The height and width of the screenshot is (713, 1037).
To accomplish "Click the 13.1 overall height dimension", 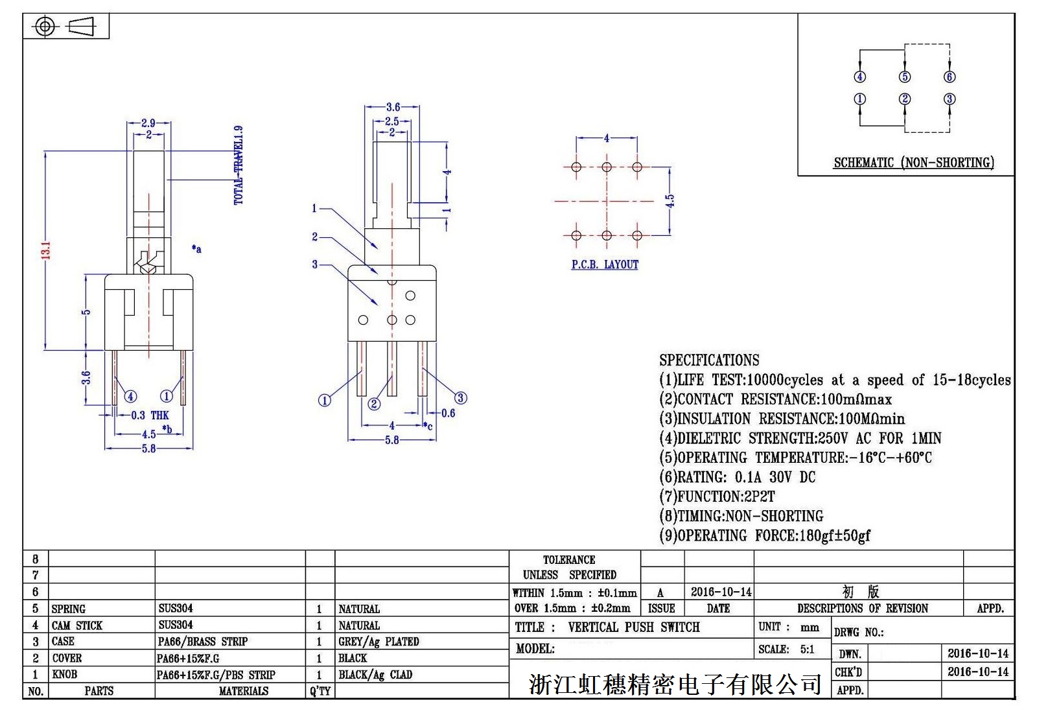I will (46, 251).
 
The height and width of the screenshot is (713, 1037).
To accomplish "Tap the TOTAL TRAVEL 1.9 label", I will (239, 165).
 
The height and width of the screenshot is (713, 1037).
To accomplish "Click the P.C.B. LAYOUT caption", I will (605, 264).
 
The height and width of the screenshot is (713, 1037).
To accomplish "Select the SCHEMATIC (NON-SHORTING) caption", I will (913, 163).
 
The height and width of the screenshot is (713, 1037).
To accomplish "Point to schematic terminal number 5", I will (905, 77).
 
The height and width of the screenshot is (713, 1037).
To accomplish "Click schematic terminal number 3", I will (950, 99).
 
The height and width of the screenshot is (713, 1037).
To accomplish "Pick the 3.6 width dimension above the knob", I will (393, 107).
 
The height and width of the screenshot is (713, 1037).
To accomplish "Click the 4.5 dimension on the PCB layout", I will (670, 201).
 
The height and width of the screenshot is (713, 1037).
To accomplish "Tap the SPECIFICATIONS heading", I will (709, 360).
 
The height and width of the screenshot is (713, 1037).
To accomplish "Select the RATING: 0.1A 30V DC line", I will (738, 477).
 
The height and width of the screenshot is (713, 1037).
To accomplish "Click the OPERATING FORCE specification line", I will (765, 535).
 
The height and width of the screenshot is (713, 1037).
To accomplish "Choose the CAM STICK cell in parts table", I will (77, 625).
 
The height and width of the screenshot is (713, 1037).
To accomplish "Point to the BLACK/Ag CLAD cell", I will (375, 675).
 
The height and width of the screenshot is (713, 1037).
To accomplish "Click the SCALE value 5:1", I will (807, 649).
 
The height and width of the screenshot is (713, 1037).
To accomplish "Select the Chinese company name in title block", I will (675, 684).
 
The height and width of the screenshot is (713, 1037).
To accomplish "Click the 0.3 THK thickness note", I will (150, 415).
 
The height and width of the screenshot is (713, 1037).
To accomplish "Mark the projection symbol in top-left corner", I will (65, 27).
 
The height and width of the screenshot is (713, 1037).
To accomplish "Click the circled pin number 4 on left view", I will (130, 396).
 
